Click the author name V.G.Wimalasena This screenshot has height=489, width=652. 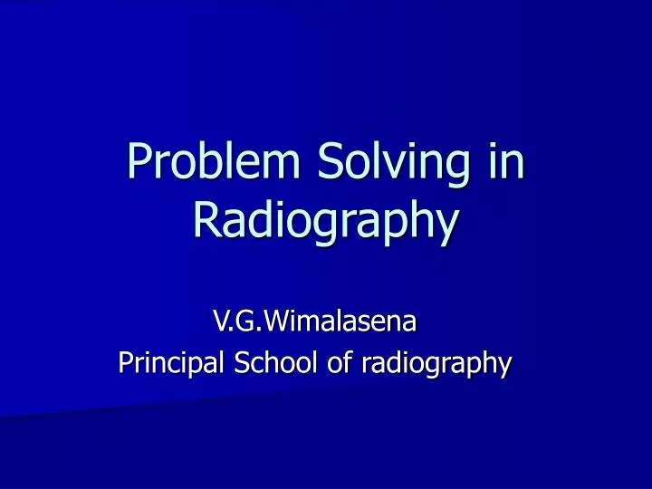(x=314, y=320)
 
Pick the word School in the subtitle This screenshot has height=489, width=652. (x=267, y=363)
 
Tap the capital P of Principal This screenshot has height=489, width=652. (x=126, y=363)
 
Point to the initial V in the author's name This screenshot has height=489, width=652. (x=219, y=320)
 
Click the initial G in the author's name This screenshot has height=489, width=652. (x=241, y=320)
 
